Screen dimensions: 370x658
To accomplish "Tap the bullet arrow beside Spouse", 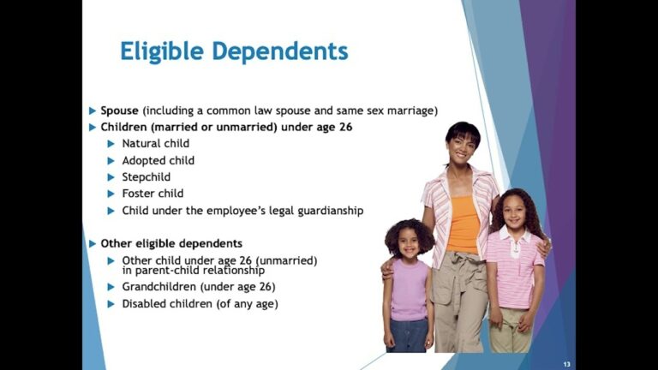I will tap(93, 110).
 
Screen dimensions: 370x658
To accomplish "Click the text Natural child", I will tap(155, 144).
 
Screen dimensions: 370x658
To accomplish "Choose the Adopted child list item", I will tap(158, 160).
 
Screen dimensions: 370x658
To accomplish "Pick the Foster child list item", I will tap(153, 194).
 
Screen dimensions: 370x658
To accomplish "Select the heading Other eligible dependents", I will tap(170, 243).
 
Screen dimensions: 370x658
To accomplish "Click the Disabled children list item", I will tap(200, 304).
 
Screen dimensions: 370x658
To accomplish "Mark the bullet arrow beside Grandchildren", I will tap(111, 287).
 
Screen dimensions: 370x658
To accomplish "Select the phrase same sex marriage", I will tap(393, 110).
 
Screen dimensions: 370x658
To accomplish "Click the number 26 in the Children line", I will tap(344, 128).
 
